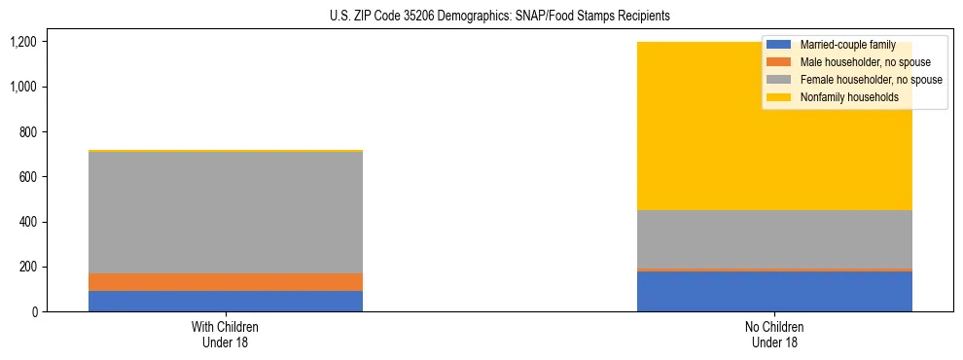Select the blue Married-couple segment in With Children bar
tap(226, 301)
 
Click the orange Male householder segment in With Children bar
tap(226, 282)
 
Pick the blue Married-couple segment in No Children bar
tap(774, 291)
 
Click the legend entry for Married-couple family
tap(846, 45)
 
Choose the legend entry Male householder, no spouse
tap(865, 62)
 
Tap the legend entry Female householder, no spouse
tap(870, 80)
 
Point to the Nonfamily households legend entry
tap(848, 97)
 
